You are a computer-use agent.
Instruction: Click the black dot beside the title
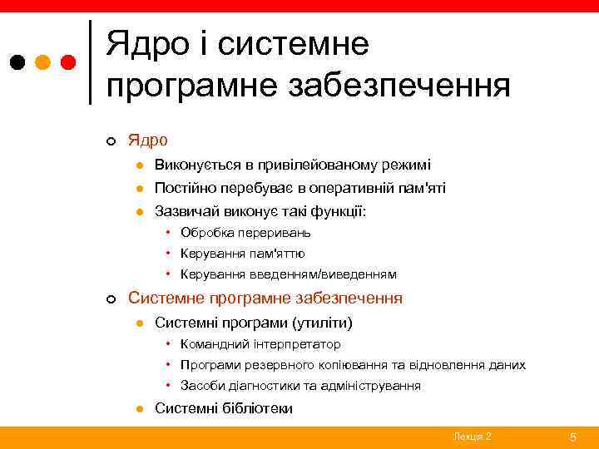17,62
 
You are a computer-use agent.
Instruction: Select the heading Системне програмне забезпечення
265,298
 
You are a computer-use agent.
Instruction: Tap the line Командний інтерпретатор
260,343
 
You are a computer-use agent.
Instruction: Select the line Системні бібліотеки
224,408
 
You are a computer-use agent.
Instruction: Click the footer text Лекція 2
472,437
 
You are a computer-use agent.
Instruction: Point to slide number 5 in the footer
572,437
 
